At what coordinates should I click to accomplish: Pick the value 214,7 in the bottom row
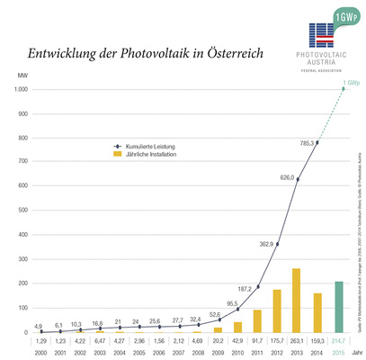pyautogui.click(x=339, y=342)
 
